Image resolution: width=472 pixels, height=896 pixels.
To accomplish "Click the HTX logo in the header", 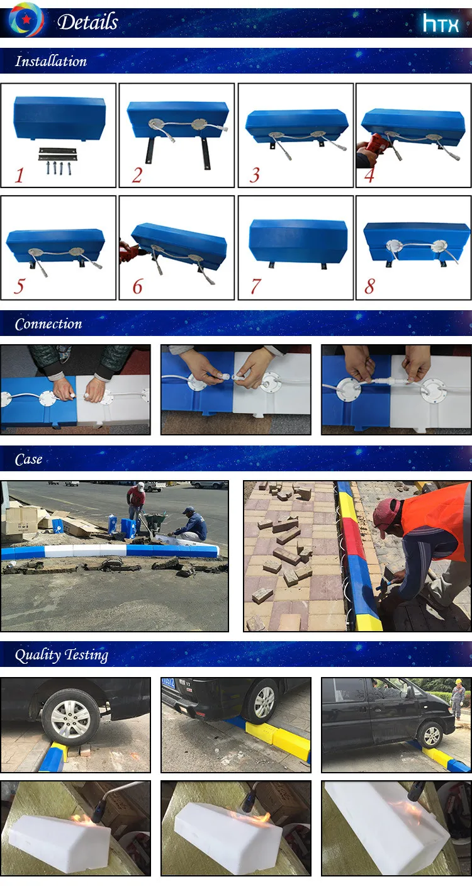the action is tap(441, 23).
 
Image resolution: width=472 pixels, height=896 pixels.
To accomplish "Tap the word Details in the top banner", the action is tap(87, 21).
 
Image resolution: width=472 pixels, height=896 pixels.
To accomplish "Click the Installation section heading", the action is tap(51, 61).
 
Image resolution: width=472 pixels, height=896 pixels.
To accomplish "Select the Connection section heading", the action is tap(48, 323).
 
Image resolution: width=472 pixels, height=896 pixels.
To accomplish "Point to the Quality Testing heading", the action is tap(62, 655).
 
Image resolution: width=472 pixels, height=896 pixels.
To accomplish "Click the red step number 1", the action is tap(20, 176).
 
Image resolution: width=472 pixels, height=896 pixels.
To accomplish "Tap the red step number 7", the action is tap(256, 286).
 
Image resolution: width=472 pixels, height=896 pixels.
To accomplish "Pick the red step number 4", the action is tap(369, 175).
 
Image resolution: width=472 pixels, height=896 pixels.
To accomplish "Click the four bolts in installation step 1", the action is tap(59, 168).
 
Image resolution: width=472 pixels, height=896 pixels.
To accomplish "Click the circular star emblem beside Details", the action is tap(26, 20).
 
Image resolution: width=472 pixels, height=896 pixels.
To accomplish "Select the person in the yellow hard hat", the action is tap(458, 697).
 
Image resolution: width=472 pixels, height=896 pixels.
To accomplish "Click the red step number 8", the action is tap(369, 286).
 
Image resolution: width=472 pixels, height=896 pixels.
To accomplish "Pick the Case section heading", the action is tap(28, 459).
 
